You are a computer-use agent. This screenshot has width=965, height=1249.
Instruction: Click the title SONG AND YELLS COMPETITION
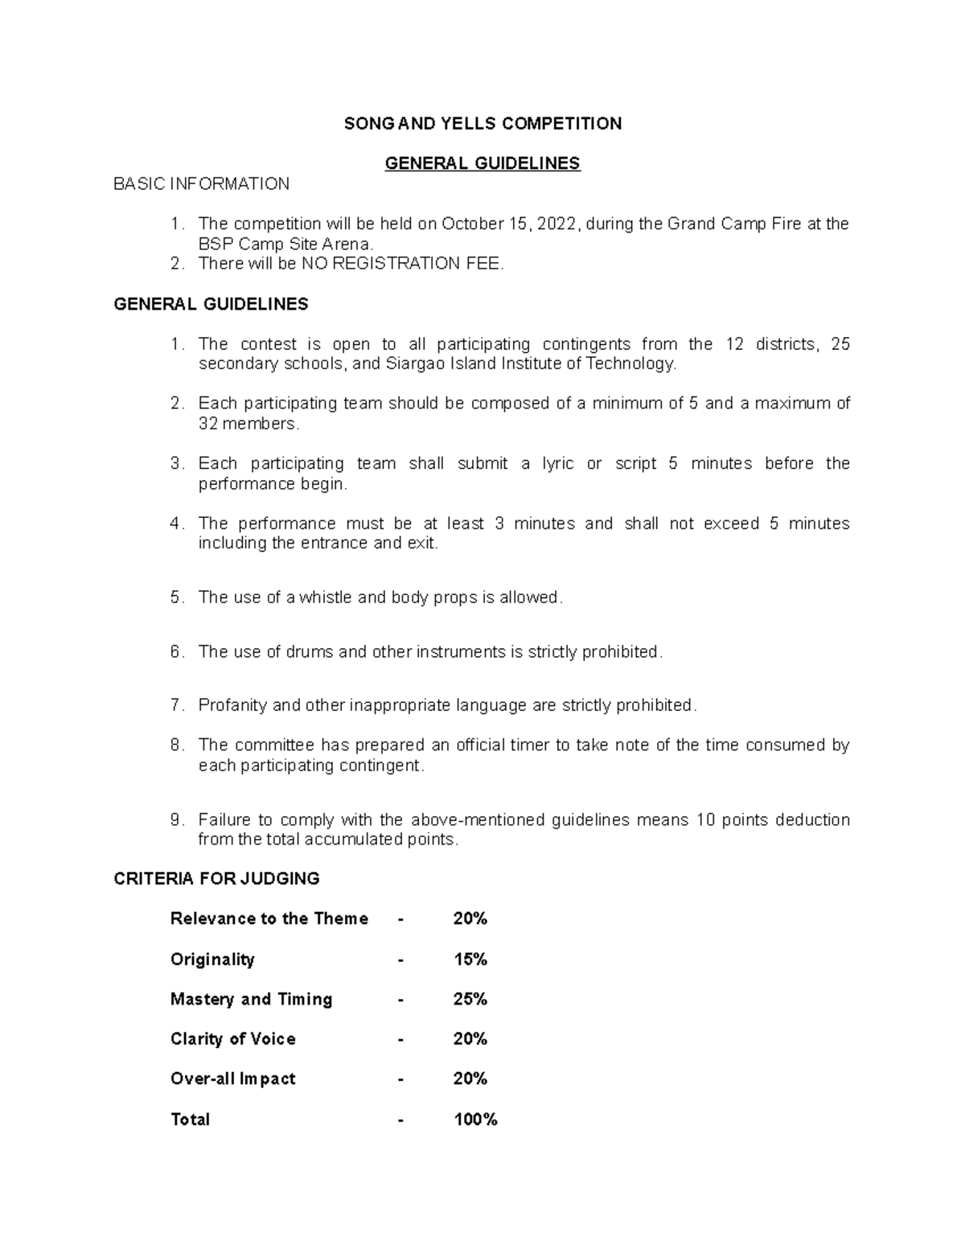482,123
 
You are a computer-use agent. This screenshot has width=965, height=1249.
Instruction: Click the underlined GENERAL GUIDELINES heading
482,163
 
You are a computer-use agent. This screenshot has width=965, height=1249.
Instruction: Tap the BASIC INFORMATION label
201,184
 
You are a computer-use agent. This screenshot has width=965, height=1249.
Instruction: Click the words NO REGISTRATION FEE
401,264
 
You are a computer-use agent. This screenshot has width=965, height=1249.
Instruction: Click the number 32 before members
207,424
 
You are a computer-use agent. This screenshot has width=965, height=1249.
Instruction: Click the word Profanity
232,705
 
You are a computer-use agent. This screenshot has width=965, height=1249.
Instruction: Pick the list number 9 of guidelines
176,820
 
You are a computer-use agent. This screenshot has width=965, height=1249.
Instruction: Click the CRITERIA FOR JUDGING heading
217,879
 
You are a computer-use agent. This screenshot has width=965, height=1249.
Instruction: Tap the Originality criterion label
212,959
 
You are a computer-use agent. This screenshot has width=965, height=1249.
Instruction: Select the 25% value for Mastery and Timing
470,999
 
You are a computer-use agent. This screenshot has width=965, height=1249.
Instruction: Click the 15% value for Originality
470,959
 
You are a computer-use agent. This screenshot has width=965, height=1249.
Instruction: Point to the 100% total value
475,1120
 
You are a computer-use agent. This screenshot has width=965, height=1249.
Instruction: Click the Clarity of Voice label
232,1039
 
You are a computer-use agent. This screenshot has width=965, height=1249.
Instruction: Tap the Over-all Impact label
232,1079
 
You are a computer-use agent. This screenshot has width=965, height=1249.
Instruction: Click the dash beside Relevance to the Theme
400,919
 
